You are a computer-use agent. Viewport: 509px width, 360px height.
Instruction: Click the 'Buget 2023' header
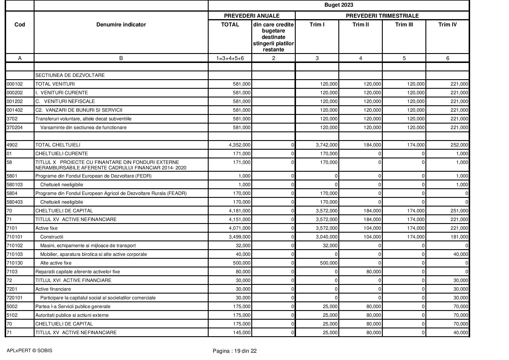point(338,5)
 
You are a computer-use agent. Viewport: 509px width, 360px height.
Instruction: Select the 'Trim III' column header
point(404,25)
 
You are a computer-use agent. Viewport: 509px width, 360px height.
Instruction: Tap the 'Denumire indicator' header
point(121,25)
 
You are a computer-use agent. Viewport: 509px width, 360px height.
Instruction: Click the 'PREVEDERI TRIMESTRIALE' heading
point(382,16)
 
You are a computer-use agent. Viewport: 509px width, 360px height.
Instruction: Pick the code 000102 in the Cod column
point(15,84)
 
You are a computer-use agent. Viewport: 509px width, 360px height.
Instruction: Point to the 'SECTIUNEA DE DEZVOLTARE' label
point(70,75)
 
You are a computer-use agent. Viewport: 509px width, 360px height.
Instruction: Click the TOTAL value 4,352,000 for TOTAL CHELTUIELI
point(239,145)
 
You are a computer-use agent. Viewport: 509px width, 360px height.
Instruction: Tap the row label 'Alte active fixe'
point(56,263)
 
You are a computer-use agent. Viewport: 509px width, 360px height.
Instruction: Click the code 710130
point(15,263)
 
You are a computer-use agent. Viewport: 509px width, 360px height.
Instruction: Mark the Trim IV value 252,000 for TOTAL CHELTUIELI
point(459,145)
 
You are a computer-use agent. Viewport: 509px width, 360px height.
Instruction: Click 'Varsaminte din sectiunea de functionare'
point(83,128)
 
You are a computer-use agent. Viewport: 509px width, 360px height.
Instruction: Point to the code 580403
point(15,202)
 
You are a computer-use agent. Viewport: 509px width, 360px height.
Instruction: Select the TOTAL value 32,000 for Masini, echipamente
point(243,246)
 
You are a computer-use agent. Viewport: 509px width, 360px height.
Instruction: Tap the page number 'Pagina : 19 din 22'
point(234,351)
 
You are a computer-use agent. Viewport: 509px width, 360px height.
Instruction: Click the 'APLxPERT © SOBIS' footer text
point(29,351)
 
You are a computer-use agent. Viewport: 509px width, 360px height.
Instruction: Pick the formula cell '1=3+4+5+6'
point(230,58)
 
